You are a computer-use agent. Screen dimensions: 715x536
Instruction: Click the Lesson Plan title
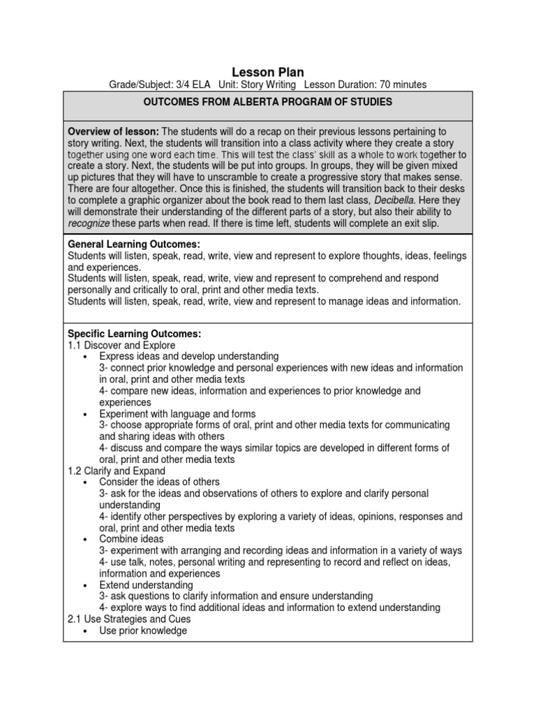pos(268,72)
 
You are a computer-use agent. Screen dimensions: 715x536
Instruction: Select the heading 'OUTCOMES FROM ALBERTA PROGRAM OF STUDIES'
pos(268,103)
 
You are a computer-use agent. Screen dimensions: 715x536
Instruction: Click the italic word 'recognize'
pos(89,222)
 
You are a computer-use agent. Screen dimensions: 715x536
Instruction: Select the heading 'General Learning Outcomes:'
pos(133,244)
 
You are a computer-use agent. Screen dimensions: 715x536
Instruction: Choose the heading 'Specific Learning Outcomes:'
pos(134,334)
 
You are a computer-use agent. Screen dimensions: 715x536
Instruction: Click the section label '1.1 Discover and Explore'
pos(121,345)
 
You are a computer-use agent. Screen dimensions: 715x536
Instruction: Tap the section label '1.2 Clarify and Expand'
pos(117,471)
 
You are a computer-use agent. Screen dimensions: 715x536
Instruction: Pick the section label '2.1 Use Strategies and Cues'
pos(129,619)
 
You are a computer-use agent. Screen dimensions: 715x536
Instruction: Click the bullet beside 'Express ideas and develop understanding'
pos(84,357)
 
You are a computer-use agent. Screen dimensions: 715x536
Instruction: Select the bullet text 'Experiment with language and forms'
pos(177,414)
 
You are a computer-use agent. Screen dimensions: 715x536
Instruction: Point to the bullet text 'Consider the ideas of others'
pos(159,482)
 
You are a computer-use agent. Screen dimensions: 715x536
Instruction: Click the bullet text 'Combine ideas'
pos(131,539)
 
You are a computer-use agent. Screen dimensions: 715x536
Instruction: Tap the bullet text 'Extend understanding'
pos(146,585)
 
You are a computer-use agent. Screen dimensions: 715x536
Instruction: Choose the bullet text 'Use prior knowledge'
pos(143,631)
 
